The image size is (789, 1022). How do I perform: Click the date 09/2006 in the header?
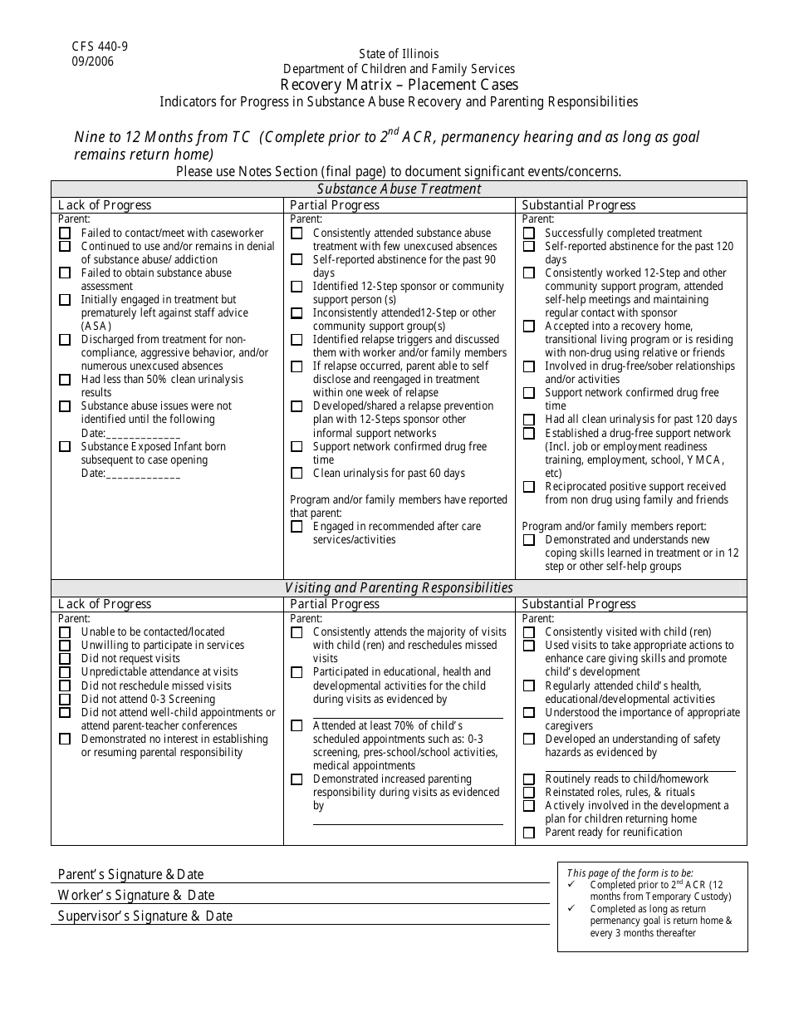[93, 61]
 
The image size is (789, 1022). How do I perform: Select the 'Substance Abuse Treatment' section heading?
[399, 189]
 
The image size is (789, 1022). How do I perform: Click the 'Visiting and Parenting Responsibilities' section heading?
[399, 587]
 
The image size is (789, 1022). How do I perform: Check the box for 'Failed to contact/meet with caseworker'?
[65, 233]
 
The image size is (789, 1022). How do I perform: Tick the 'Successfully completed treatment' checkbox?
[529, 233]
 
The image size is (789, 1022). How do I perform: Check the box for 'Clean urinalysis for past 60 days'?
[296, 474]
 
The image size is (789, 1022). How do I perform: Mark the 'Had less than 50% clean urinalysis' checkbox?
[65, 380]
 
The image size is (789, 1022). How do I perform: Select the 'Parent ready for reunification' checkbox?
[529, 833]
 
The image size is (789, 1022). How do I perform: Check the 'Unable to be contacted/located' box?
[65, 632]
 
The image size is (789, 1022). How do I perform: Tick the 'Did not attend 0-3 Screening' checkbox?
[65, 700]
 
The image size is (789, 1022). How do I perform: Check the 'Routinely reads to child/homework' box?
[529, 779]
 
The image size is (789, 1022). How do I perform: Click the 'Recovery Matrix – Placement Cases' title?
[399, 85]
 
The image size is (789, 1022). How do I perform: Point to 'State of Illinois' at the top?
[399, 54]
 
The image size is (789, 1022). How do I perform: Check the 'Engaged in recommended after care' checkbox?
[296, 527]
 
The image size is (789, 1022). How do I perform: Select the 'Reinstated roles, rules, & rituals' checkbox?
[529, 793]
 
